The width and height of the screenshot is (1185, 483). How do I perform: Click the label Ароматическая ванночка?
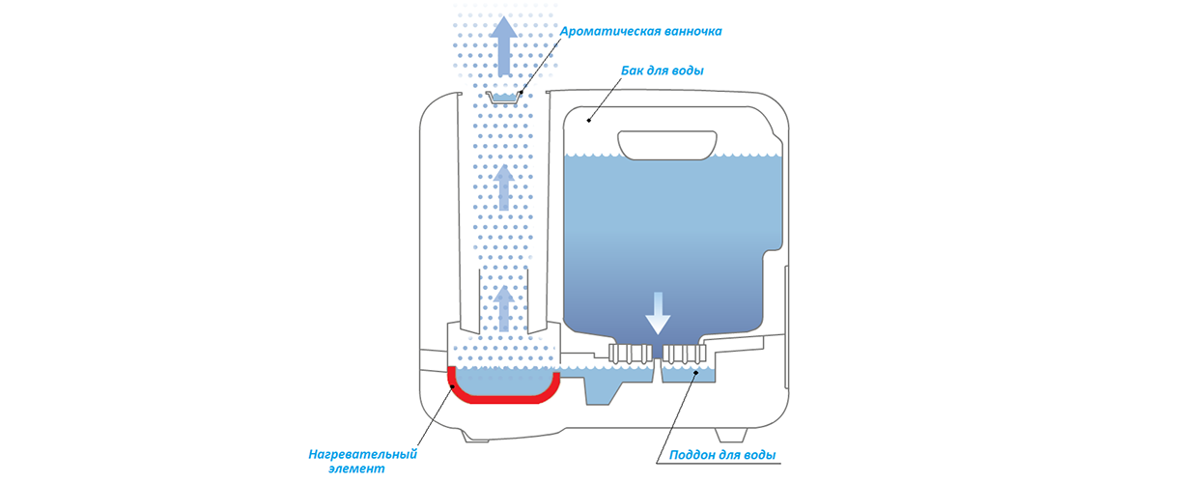641,31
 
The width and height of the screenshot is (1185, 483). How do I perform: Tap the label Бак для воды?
662,71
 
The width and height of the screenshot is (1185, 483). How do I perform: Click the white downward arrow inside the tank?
657,311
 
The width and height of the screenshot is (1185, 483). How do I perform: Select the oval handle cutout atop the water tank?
670,144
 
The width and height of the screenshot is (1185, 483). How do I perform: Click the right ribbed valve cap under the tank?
683,353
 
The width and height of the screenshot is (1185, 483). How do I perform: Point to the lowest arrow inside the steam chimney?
503,304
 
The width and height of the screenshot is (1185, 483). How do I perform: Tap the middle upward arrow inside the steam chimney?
503,186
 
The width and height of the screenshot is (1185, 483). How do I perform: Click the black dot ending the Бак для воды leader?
589,121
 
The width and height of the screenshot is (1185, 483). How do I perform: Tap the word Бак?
633,71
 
